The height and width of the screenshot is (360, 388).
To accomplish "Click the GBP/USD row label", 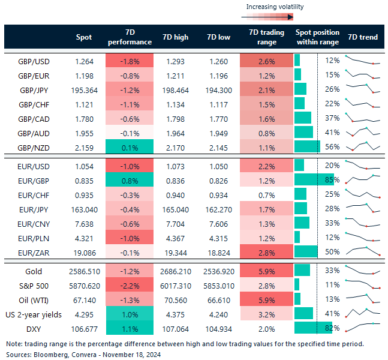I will [x=34, y=61].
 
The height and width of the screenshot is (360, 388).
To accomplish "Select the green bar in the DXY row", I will [x=305, y=328].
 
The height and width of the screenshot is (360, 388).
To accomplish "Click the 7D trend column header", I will [x=363, y=37].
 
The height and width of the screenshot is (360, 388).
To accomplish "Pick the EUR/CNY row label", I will [x=34, y=223].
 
